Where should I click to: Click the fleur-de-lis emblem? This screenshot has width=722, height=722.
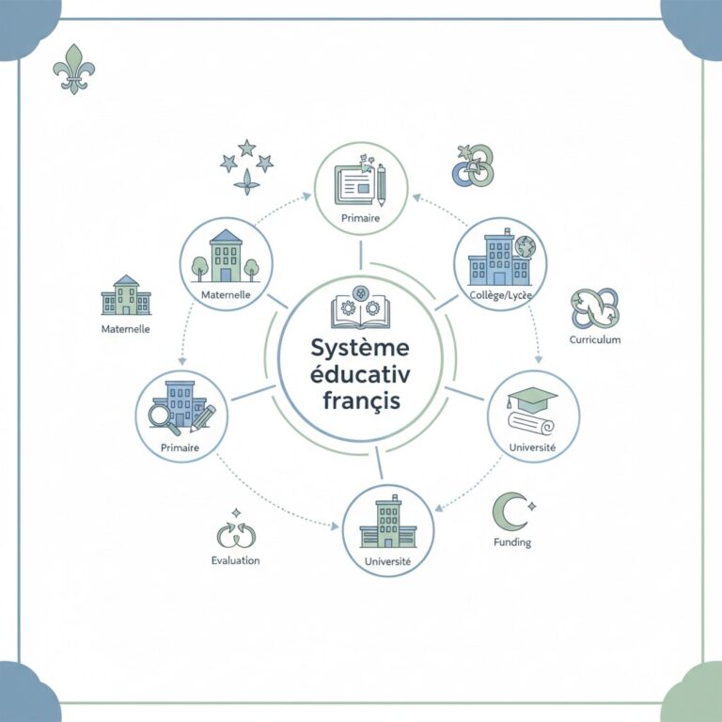(x=73, y=69)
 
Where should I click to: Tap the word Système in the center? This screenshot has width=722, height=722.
(x=360, y=349)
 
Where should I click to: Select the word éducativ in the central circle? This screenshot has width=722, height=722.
(x=360, y=374)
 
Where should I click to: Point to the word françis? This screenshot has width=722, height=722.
(x=361, y=400)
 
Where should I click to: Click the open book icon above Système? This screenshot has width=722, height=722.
(x=360, y=311)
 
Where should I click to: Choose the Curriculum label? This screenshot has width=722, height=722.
(x=595, y=339)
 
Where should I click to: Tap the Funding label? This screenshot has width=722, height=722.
(x=512, y=541)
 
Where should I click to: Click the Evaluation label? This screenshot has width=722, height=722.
(x=235, y=560)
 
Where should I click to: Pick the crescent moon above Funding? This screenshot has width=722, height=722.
(x=509, y=511)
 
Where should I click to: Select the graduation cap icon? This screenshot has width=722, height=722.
(x=532, y=398)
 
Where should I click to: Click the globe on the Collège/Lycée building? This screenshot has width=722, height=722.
(x=526, y=246)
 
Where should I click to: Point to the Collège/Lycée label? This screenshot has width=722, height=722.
(x=500, y=295)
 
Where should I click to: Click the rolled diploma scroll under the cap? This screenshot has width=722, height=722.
(x=531, y=423)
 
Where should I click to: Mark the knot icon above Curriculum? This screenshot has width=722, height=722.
(x=595, y=307)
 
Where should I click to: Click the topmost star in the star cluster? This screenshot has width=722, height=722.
(x=247, y=148)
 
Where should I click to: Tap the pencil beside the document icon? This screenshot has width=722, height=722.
(x=382, y=185)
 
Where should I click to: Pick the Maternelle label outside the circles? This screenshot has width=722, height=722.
(x=125, y=329)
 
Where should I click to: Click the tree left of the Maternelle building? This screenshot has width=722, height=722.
(x=199, y=268)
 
